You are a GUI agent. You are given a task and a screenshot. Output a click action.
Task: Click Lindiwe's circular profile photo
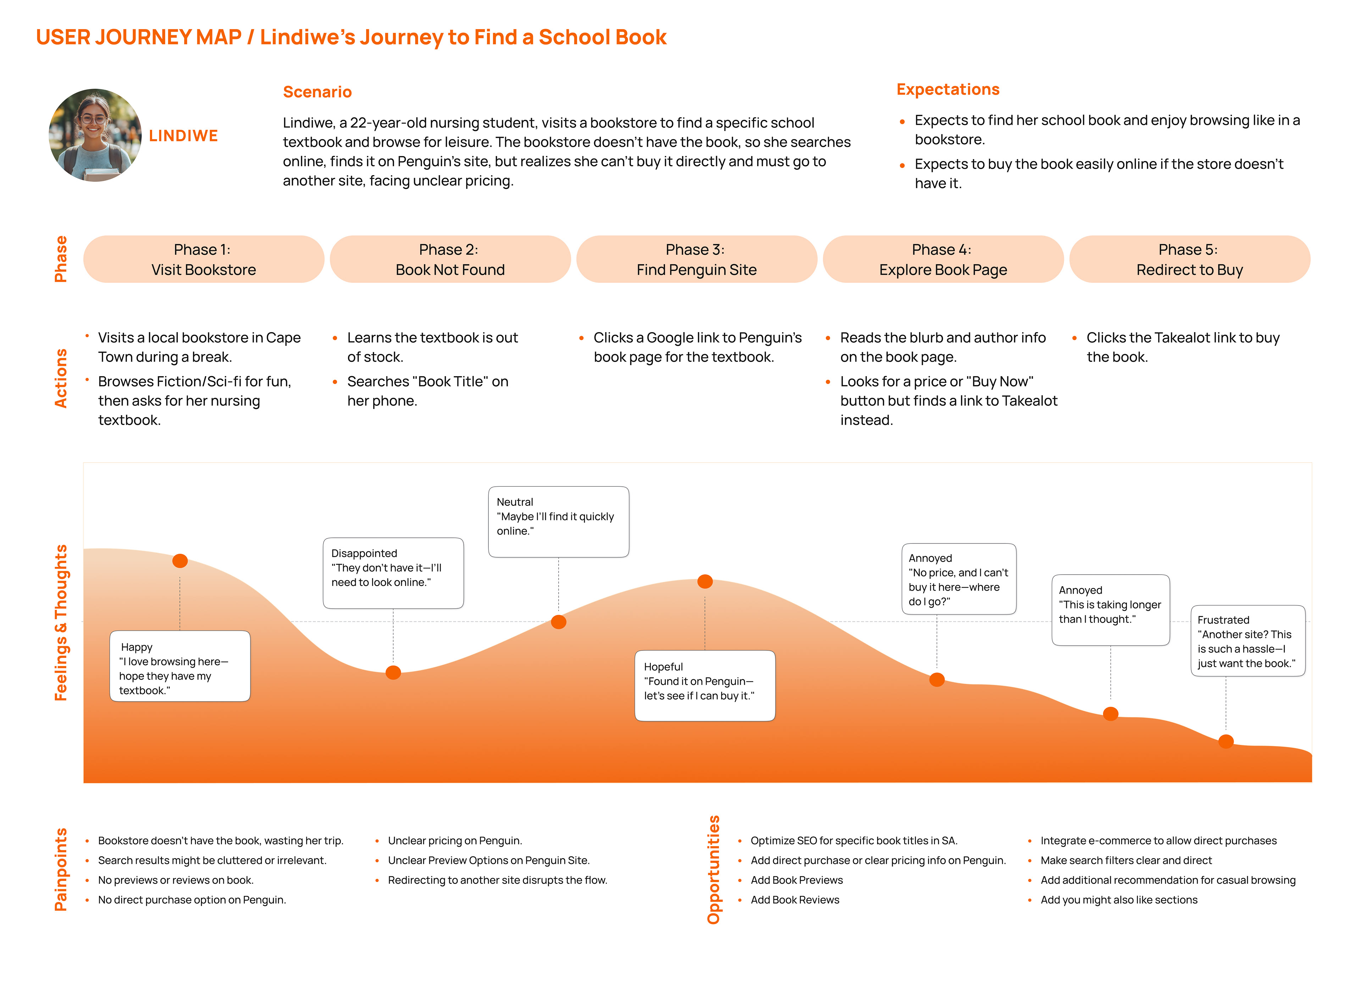pos(95,135)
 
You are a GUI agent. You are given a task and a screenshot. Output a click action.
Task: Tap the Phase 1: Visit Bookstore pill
pos(204,259)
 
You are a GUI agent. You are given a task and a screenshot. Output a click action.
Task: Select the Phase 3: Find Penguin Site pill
pos(696,259)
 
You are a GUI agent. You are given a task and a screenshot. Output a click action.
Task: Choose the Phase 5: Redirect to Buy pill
pos(1189,259)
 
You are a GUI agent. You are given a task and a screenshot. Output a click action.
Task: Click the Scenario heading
pos(317,92)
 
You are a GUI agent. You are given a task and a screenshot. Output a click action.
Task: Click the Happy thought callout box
pos(179,666)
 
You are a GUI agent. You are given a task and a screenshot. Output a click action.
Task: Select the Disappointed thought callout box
pos(393,573)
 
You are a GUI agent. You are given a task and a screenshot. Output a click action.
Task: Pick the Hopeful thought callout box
pos(705,685)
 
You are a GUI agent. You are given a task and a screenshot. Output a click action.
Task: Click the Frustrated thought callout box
pos(1248,641)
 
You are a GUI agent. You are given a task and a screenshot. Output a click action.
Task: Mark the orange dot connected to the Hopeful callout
pos(705,581)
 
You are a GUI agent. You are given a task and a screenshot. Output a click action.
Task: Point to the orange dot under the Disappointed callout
pos(393,672)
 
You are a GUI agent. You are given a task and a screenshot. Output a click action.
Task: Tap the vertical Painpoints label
pos(61,870)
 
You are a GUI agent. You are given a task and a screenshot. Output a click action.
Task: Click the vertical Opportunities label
pos(713,870)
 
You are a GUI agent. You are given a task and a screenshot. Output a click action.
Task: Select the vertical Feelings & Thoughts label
pos(61,623)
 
